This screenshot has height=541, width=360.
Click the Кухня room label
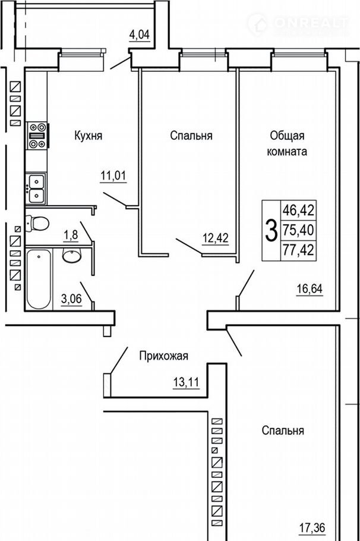pos(89,136)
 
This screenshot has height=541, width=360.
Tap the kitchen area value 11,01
pos(113,175)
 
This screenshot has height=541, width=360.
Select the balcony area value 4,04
pos(140,35)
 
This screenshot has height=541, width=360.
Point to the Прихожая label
pos(163,356)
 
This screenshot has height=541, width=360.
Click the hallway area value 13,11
pos(186,382)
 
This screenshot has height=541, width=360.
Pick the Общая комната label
pos(287,143)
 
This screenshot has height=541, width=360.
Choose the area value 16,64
pos(310,288)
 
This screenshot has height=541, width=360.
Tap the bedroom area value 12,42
pos(216,238)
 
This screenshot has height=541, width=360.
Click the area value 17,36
pos(312,527)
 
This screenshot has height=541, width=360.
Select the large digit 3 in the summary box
pos(271,231)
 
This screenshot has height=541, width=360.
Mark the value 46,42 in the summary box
pos(299,210)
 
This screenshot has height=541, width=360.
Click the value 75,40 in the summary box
pos(299,230)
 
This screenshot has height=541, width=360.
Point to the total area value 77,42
pos(299,250)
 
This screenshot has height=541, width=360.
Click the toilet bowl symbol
pos(37,223)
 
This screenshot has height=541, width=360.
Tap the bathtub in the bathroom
pos(39,279)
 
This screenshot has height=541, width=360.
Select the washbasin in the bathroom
pos(72,255)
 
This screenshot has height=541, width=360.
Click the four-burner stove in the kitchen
pos(37,136)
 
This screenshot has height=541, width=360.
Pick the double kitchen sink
pos(36,188)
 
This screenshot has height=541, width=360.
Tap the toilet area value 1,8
pos(70,235)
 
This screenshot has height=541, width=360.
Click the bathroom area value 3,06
pos(71,299)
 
